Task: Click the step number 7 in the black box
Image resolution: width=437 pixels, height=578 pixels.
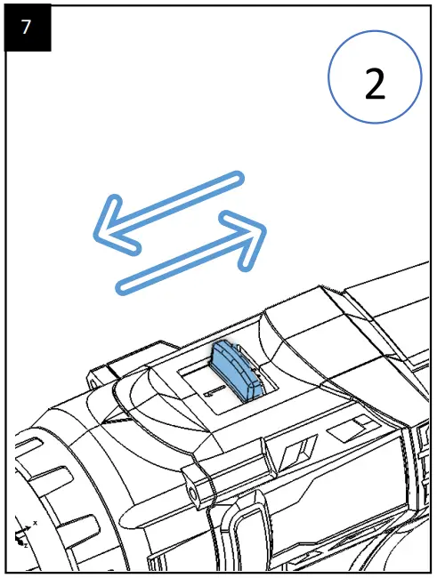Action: pos(26,27)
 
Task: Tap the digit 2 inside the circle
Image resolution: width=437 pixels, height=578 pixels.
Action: pos(375,84)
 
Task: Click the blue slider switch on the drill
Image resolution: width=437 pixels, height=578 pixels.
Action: pos(237,371)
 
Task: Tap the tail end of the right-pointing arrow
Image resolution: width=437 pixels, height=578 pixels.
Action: pos(123,288)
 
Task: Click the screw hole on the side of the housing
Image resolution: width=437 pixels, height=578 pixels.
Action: pos(192,491)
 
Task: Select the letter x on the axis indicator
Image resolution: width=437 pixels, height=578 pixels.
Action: pos(36,523)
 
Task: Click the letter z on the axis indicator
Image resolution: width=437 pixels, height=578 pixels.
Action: pos(26,545)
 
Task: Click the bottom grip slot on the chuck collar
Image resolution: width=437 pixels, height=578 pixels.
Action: pos(85,528)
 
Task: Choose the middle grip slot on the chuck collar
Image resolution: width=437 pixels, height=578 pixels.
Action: pos(55,480)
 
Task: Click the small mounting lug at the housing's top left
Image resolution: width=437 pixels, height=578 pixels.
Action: pos(99,377)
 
